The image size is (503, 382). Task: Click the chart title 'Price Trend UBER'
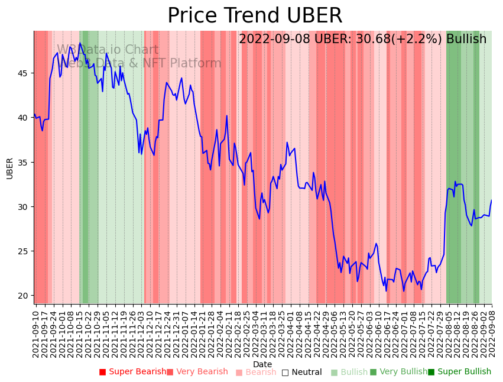(255, 16)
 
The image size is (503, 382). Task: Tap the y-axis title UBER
(9, 168)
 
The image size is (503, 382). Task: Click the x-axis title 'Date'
(262, 364)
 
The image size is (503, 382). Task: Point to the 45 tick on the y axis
(24, 73)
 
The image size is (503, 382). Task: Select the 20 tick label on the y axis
(24, 296)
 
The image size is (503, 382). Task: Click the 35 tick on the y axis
(24, 163)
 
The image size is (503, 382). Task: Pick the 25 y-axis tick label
(24, 251)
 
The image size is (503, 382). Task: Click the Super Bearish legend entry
(133, 372)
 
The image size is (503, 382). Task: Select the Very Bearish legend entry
(197, 372)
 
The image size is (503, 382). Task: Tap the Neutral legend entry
(302, 372)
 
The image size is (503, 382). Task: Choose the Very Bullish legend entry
(398, 372)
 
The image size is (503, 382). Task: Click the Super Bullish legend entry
(460, 372)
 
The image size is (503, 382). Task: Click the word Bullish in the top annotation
(466, 39)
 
